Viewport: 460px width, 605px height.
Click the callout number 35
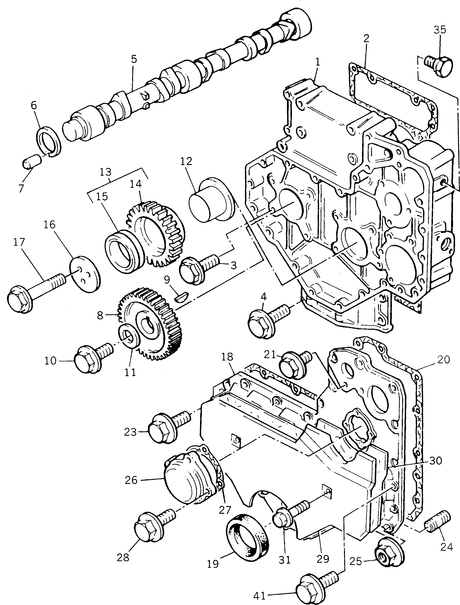point(440,29)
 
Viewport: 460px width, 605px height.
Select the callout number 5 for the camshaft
point(134,59)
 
